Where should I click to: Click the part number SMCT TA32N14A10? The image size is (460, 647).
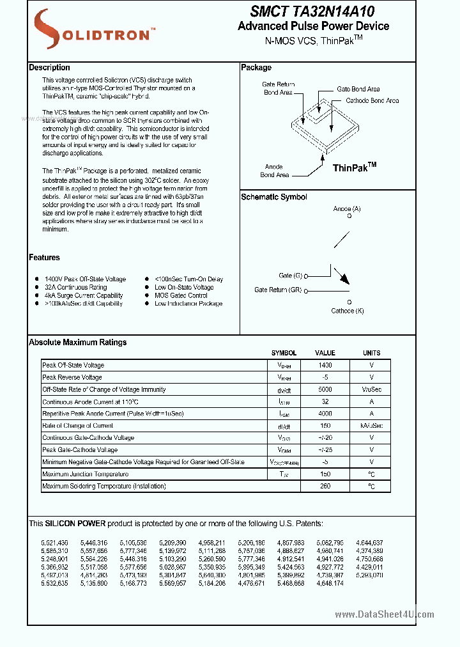click(312, 12)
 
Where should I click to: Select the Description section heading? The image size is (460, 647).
click(49, 68)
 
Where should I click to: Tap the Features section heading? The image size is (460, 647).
click(44, 258)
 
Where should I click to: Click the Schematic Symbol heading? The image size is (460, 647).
click(273, 197)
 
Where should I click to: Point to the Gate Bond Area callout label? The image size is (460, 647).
click(358, 90)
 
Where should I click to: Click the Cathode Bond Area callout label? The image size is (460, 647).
click(372, 101)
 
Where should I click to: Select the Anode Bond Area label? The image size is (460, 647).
click(274, 170)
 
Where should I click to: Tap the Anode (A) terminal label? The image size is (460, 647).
click(347, 209)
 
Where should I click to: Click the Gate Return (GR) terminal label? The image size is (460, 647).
click(278, 290)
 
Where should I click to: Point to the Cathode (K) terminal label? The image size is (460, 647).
click(347, 311)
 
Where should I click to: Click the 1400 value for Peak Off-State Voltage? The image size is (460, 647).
click(325, 365)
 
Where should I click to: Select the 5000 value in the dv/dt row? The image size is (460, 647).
click(325, 389)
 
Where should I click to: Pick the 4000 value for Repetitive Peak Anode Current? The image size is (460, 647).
click(325, 414)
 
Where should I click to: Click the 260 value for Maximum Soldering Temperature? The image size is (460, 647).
click(325, 487)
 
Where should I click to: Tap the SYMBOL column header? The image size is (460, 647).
click(284, 353)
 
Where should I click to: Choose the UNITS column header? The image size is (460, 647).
click(371, 353)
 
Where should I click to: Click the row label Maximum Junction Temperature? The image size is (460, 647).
click(85, 474)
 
